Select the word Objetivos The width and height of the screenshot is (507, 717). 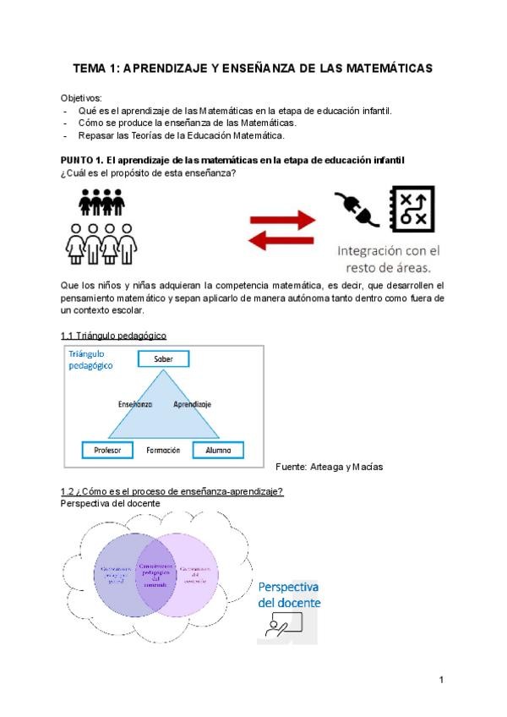point(81,98)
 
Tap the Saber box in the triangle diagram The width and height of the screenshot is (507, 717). point(163,359)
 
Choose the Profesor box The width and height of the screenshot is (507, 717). point(107,451)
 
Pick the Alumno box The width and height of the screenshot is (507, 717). point(218,451)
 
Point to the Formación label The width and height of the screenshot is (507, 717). point(163,451)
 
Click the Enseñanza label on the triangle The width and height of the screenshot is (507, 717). point(135,405)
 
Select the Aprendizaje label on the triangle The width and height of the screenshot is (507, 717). point(192,405)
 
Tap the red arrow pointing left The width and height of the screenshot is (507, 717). point(279,241)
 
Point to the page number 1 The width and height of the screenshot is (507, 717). point(442,679)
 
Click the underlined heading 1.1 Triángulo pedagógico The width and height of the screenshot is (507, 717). point(113,336)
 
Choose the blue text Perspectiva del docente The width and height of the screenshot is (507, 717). point(288,594)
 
